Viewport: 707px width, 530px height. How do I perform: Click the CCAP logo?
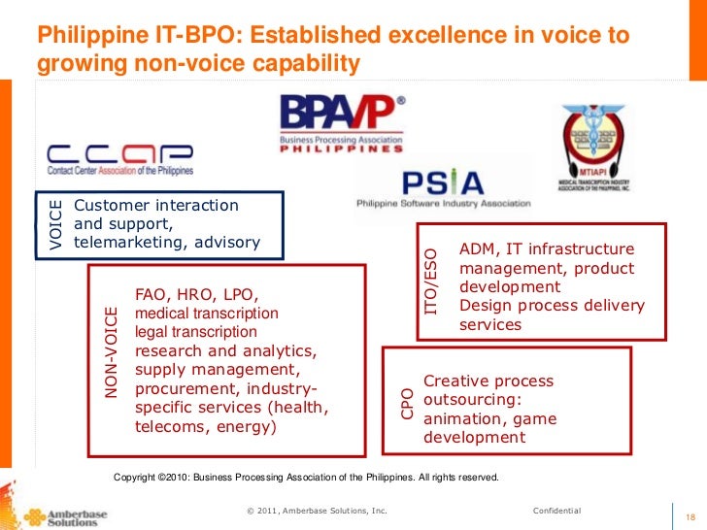(120, 160)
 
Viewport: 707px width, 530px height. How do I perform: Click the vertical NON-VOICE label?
(111, 351)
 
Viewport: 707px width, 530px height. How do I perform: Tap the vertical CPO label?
(407, 404)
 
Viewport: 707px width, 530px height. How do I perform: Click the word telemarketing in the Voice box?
(122, 242)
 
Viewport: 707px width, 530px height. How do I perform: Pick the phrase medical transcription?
(206, 314)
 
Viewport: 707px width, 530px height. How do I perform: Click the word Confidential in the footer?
(556, 511)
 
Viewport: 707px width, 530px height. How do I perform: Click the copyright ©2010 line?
(306, 478)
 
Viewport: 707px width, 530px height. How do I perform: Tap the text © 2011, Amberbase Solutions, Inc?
(317, 511)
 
